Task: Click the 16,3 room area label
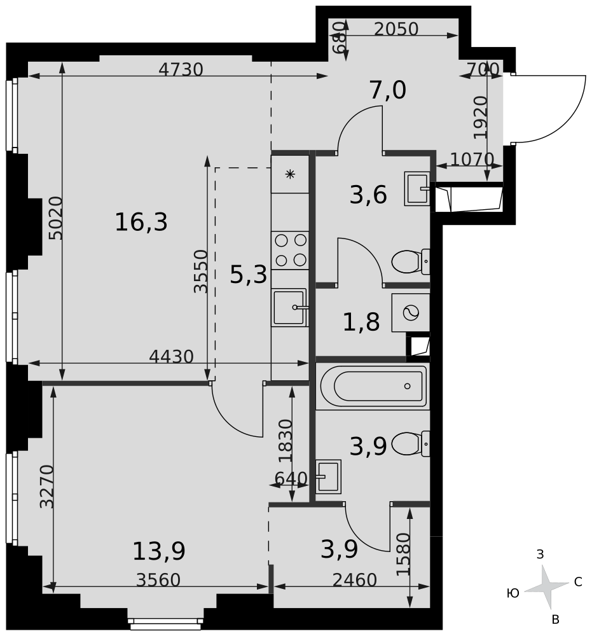click(141, 223)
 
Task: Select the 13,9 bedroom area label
click(158, 551)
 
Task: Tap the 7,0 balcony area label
click(387, 91)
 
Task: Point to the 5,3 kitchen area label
click(248, 275)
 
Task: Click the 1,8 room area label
click(361, 322)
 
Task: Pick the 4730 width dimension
click(181, 69)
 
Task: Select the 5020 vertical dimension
click(56, 218)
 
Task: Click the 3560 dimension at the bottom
click(158, 580)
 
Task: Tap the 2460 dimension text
click(354, 580)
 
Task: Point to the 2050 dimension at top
click(396, 29)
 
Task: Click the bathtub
click(372, 386)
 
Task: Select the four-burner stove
click(290, 250)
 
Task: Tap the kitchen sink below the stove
click(290, 308)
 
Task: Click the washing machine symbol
click(411, 313)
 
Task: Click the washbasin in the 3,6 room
click(416, 189)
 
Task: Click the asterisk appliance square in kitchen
click(290, 174)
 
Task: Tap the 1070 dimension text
click(472, 159)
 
